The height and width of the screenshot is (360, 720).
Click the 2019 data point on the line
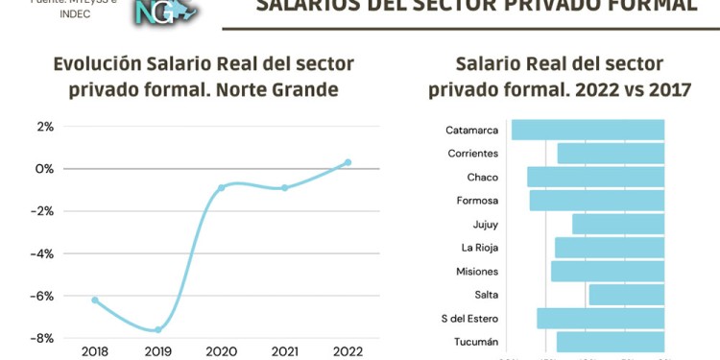[158, 329]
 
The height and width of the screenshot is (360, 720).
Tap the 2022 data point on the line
[348, 162]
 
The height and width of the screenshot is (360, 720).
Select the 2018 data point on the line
[95, 300]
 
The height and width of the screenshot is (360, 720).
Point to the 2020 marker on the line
[222, 187]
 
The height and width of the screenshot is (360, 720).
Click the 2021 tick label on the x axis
[284, 351]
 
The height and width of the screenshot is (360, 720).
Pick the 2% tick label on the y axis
[45, 126]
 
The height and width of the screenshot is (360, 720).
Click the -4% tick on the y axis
[43, 253]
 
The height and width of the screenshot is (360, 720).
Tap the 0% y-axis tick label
[45, 169]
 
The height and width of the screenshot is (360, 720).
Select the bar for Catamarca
[588, 130]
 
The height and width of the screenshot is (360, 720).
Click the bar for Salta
[626, 295]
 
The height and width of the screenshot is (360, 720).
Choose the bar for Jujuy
[618, 224]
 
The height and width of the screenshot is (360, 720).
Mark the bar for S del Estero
[600, 319]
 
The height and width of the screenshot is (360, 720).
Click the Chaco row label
[482, 178]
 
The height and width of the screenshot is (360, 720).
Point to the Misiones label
[476, 272]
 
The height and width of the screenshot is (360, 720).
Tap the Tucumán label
[476, 343]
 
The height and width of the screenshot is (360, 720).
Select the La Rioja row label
[479, 248]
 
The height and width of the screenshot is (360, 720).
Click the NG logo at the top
[163, 12]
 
